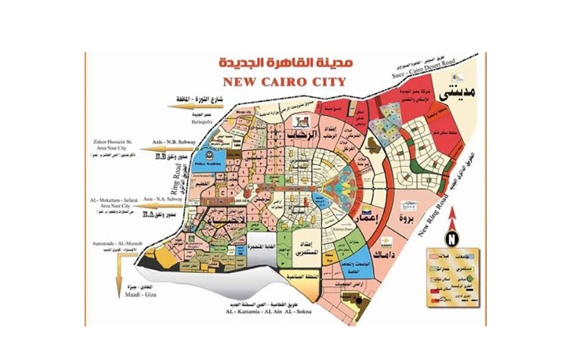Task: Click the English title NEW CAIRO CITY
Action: [x=285, y=80]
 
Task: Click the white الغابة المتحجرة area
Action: [x=258, y=246]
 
